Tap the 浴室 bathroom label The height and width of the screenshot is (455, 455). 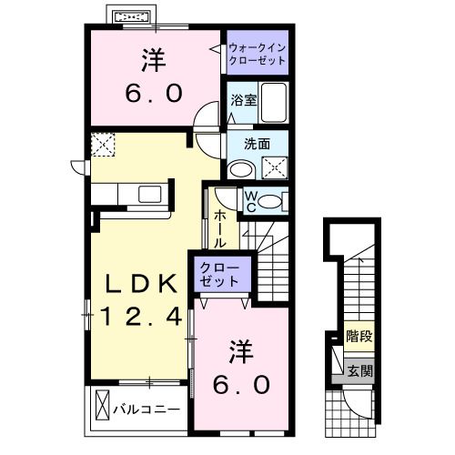point(242,102)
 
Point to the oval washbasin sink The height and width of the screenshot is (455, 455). point(241,169)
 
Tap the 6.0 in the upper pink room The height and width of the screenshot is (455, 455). point(152,92)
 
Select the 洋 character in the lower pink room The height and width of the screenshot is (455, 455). point(239,349)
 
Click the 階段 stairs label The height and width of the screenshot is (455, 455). point(360,335)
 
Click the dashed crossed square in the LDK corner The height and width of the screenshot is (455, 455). point(102,144)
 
